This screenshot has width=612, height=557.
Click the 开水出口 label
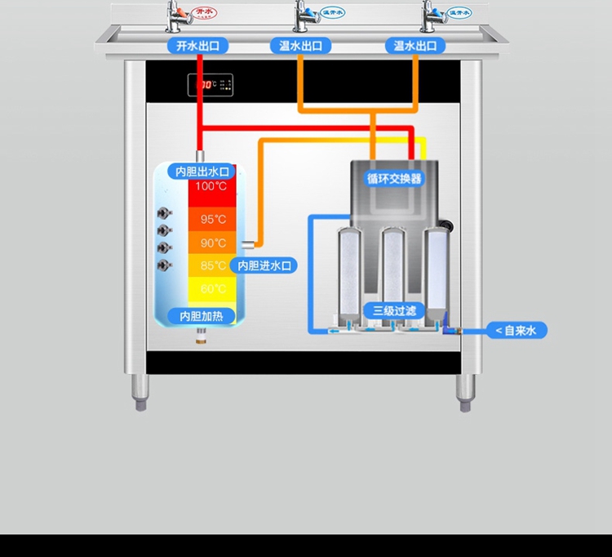pyautogui.click(x=197, y=46)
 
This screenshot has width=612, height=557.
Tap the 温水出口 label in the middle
pyautogui.click(x=300, y=46)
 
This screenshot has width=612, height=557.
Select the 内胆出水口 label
pyautogui.click(x=201, y=172)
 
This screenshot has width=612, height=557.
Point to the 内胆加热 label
pyautogui.click(x=201, y=316)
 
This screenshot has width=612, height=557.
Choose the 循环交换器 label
pyautogui.click(x=394, y=178)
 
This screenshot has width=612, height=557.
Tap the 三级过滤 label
pyautogui.click(x=394, y=310)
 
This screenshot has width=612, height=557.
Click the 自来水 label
pyautogui.click(x=517, y=331)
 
